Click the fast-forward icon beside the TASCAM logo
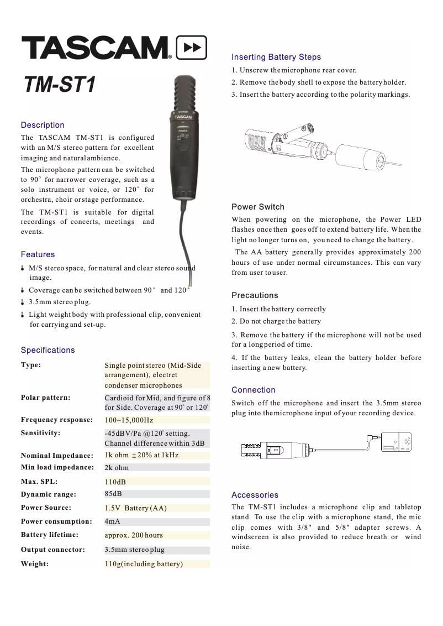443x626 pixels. [191, 48]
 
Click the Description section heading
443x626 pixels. [43, 125]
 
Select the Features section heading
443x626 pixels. [38, 254]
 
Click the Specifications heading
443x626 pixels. [48, 350]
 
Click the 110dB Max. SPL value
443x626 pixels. [115, 482]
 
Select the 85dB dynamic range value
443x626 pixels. [113, 494]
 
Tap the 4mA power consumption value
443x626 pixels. [113, 521]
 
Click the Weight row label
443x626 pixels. [35, 564]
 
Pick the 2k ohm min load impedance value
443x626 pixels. [117, 468]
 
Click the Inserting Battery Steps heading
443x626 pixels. [276, 57]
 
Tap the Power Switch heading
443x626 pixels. [258, 207]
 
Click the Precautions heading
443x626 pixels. [255, 295]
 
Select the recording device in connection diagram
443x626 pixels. [397, 441]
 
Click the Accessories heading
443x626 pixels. [255, 495]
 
